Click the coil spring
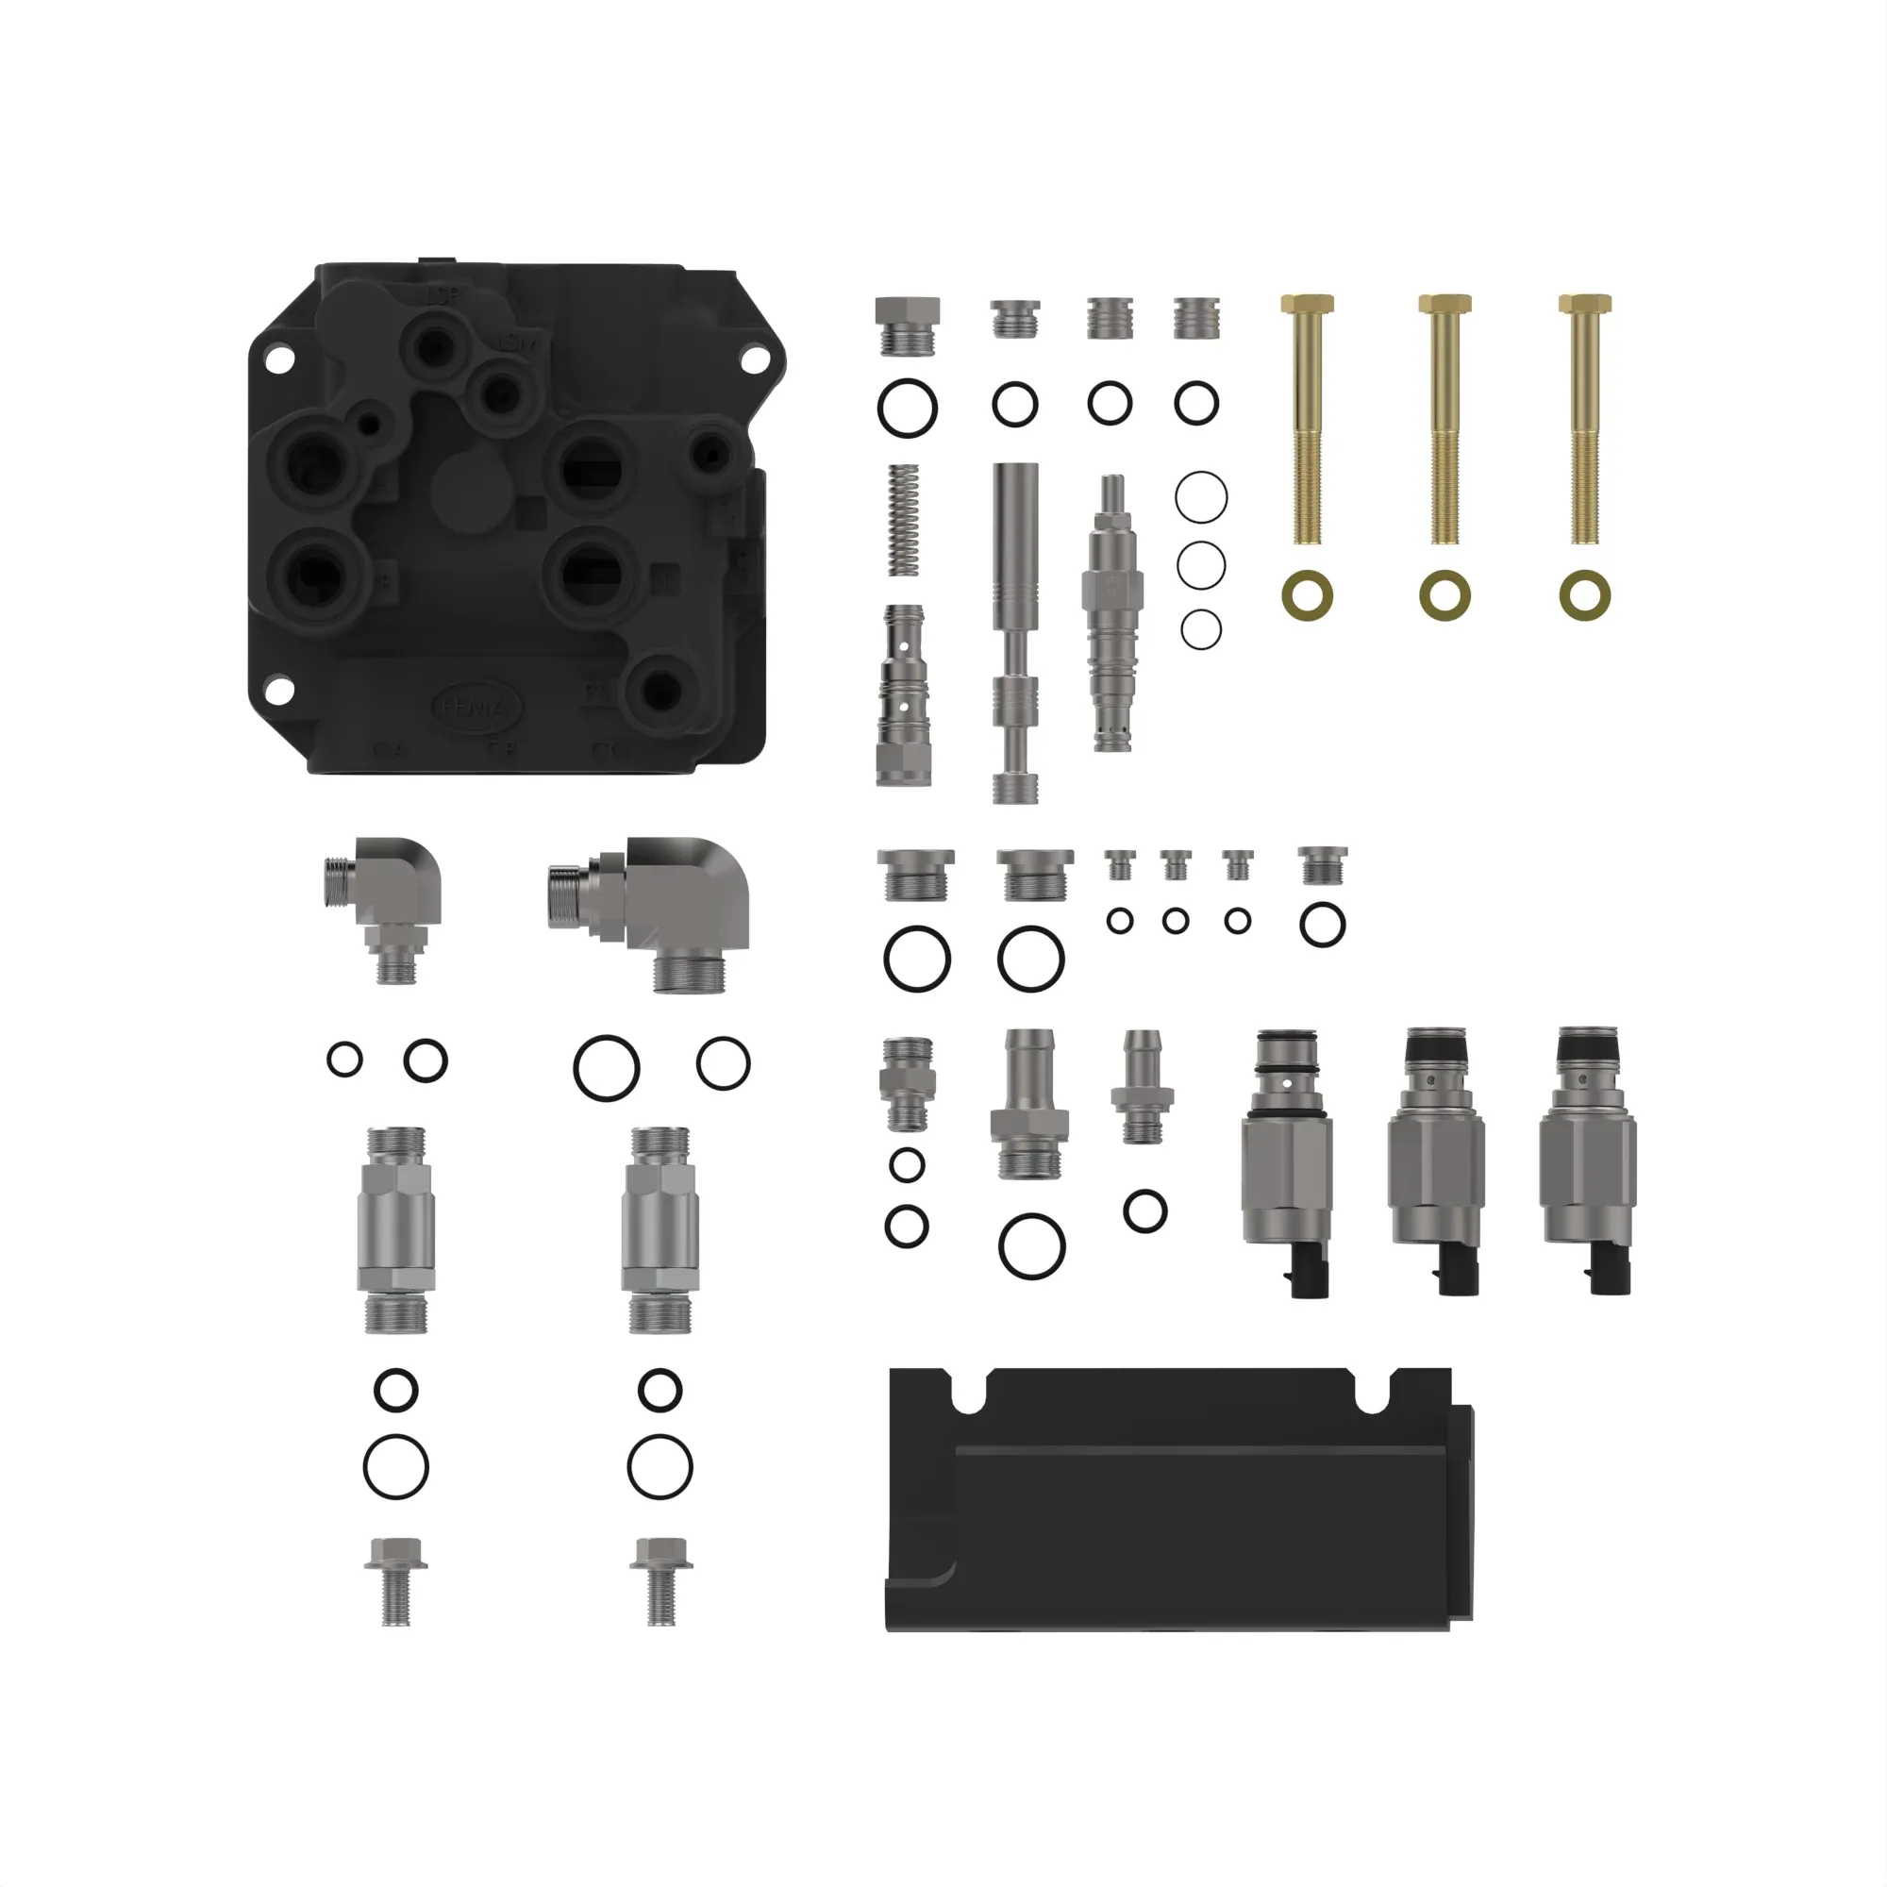tap(905, 520)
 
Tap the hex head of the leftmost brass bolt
tap(1307, 303)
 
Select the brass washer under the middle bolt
tap(1445, 594)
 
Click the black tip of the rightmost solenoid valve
tap(1588, 1048)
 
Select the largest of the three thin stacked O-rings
tap(1200, 497)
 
